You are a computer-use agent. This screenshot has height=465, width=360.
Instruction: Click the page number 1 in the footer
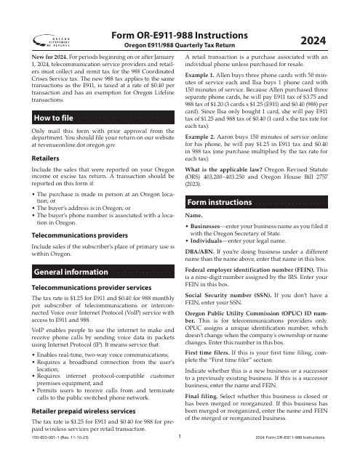(180, 458)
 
